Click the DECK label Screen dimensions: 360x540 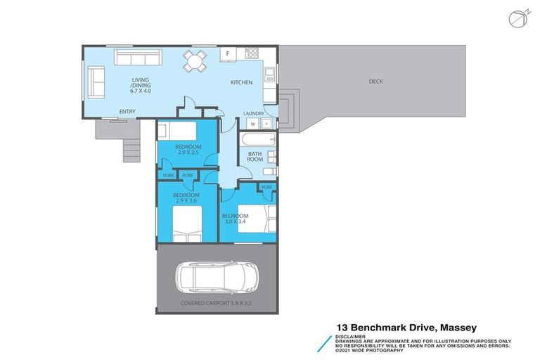pyautogui.click(x=376, y=82)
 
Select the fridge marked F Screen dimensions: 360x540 pyautogui.click(x=228, y=54)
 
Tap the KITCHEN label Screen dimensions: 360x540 pyautogui.click(x=241, y=83)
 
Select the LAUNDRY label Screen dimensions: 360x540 pyautogui.click(x=253, y=113)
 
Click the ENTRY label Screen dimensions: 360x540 pyautogui.click(x=127, y=112)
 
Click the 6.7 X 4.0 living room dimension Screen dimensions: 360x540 pyautogui.click(x=141, y=91)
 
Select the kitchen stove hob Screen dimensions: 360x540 pyautogui.click(x=252, y=53)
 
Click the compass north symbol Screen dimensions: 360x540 pyautogui.click(x=517, y=20)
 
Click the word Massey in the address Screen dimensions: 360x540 pyautogui.click(x=457, y=328)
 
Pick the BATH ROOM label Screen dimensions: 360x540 pyautogui.click(x=255, y=156)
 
